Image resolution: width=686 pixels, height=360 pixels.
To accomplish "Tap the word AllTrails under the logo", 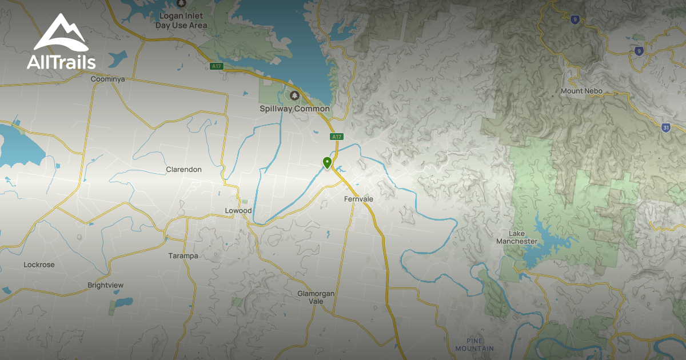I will point(61,62).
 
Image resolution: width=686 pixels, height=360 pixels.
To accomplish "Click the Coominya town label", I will point(107,79).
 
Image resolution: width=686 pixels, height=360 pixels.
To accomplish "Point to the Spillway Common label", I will point(294,109).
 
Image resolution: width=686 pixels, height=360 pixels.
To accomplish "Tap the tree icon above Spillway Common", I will point(294,95).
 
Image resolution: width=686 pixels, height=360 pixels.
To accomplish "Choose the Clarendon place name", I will point(184,170).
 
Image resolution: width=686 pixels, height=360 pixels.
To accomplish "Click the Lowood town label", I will point(238,211).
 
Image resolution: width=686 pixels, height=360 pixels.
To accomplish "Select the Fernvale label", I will point(358,199).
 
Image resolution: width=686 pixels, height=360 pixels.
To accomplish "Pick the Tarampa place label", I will point(183,256).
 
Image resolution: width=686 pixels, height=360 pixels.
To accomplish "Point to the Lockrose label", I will point(39,265).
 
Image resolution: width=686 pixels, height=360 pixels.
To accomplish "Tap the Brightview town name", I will point(105,285).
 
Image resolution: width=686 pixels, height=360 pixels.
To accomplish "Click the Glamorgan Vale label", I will point(316,297).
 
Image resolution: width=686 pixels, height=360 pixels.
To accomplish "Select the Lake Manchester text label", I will point(516,237).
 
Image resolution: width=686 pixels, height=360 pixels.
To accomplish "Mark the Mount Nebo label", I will point(581,91).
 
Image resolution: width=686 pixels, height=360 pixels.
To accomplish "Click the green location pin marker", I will point(327,163).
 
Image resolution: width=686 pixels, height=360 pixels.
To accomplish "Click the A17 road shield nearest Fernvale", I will point(336,137).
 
